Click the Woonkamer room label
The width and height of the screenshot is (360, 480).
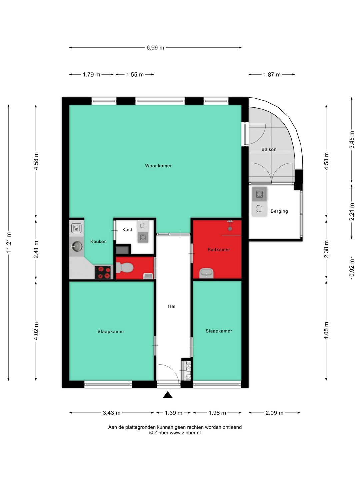pyautogui.click(x=158, y=166)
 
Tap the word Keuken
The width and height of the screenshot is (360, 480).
pyautogui.click(x=98, y=241)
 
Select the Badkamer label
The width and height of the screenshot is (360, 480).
pyautogui.click(x=219, y=250)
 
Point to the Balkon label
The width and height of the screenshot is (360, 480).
pyautogui.click(x=269, y=149)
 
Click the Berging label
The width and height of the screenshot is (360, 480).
pyautogui.click(x=279, y=211)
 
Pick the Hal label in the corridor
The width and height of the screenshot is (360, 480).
pyautogui.click(x=172, y=306)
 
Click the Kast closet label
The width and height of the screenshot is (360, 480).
pyautogui.click(x=127, y=230)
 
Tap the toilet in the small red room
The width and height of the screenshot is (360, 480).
pyautogui.click(x=124, y=268)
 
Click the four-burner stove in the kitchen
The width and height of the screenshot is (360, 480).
pyautogui.click(x=103, y=272)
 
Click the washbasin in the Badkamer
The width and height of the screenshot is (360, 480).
pyautogui.click(x=207, y=273)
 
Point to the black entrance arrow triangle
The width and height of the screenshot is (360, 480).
pyautogui.click(x=168, y=395)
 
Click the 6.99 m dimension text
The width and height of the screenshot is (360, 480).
pyautogui.click(x=155, y=48)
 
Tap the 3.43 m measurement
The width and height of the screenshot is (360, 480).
pyautogui.click(x=111, y=413)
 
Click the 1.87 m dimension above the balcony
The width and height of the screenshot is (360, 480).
pyautogui.click(x=272, y=75)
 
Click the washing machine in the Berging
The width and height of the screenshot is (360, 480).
pyautogui.click(x=259, y=194)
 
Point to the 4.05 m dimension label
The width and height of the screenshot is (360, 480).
pyautogui.click(x=326, y=331)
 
